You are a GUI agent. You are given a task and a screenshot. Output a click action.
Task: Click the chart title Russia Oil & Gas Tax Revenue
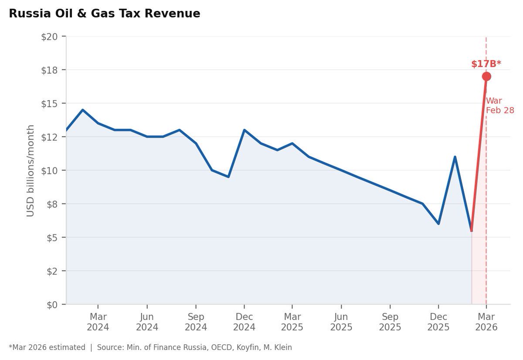point(105,14)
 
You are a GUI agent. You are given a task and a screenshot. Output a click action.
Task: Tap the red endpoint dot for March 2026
point(486,76)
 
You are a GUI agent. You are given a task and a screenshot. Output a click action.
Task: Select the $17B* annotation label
point(486,64)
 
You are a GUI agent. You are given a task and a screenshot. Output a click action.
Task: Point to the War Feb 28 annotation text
point(499,106)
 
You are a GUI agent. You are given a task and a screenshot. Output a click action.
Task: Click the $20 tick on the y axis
point(49,37)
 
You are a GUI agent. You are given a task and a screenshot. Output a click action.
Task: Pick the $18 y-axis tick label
point(49,70)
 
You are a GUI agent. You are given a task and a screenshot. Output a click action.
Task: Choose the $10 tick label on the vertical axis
point(49,170)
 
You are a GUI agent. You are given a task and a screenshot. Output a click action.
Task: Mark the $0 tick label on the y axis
point(52,304)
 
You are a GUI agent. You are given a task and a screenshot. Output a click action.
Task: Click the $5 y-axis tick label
point(52,238)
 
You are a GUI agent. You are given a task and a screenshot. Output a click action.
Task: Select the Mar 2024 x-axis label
point(98,322)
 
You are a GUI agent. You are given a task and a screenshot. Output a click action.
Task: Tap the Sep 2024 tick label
point(196,322)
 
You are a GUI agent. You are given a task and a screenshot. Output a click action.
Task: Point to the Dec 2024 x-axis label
point(244,322)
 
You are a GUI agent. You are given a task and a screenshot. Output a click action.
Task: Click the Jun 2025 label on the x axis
point(341,322)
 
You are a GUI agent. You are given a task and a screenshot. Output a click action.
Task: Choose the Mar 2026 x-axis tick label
point(486,322)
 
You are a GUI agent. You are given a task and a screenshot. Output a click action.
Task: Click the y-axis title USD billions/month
point(31,170)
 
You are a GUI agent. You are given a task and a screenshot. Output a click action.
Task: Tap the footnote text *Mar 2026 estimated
point(47,347)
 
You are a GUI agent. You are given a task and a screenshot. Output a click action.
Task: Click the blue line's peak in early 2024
point(83,110)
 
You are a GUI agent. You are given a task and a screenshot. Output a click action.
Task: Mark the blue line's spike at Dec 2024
point(244,130)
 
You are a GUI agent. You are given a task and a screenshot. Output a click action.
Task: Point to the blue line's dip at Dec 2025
point(438,224)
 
